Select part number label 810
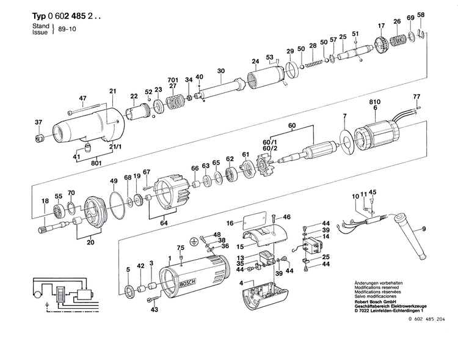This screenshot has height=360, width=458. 375,102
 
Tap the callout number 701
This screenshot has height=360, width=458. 173,79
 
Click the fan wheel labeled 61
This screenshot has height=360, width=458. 249,172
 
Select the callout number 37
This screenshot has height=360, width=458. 38,122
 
